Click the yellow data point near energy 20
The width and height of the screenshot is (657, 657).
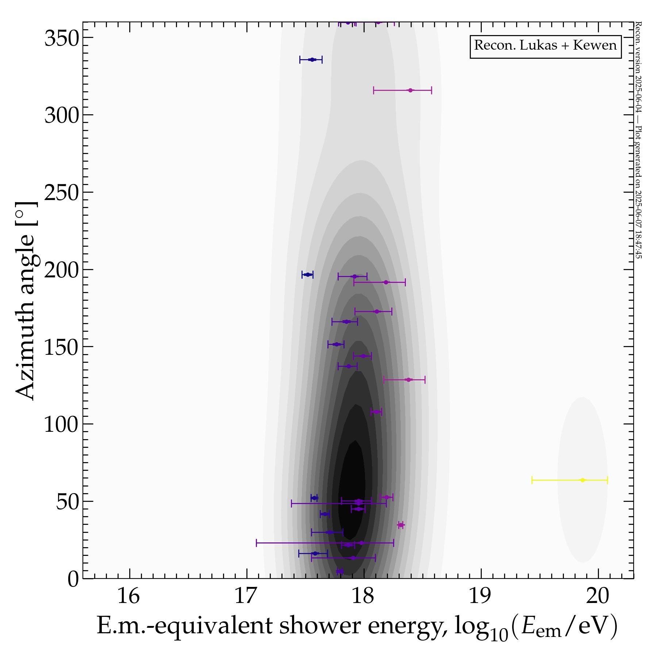point(583,480)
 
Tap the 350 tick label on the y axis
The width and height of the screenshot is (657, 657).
point(61,38)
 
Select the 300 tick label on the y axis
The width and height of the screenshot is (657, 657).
point(61,116)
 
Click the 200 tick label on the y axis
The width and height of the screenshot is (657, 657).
point(61,270)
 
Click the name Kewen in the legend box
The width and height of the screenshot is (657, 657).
point(595,46)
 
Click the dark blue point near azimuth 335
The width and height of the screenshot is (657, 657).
point(311,59)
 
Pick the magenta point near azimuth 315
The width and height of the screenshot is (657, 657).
point(410,90)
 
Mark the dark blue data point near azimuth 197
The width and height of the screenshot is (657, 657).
point(307,274)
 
